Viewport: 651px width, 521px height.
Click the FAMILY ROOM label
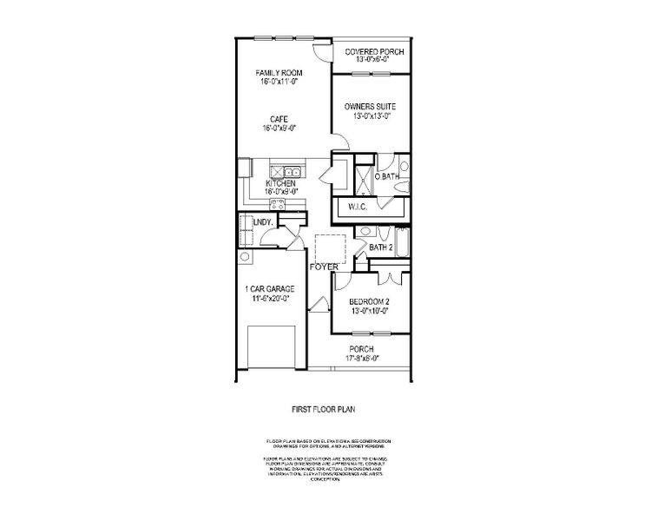279,72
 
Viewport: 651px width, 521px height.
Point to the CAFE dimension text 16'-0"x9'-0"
279,129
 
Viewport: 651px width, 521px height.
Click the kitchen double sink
288,172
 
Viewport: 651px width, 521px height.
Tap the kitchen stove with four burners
278,204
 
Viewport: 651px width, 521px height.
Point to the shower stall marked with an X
365,179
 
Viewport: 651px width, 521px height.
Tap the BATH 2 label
382,247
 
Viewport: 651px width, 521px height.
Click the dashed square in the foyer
330,247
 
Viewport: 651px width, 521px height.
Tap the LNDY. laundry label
263,222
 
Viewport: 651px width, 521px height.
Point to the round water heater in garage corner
245,257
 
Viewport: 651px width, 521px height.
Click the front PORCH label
363,349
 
